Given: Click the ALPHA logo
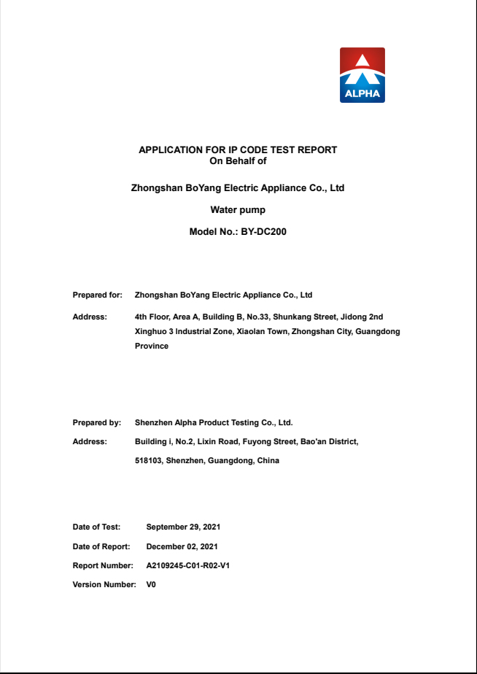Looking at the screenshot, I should click(x=362, y=75).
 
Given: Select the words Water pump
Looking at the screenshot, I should click(x=238, y=210).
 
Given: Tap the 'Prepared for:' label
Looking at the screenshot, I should click(x=97, y=295).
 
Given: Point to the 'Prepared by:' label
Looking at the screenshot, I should click(x=97, y=422).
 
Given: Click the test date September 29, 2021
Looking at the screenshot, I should click(x=183, y=527).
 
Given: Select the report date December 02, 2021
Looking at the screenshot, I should click(x=182, y=546).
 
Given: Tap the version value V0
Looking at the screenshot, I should click(x=151, y=585).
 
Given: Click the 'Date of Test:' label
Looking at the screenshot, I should click(x=96, y=527).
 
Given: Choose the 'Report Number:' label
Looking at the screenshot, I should click(x=103, y=565).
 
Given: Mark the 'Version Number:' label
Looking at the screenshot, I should click(x=104, y=585).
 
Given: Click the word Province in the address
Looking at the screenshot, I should click(x=152, y=346).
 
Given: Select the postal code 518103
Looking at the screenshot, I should click(x=148, y=461).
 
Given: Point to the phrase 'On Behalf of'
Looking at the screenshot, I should click(x=238, y=160).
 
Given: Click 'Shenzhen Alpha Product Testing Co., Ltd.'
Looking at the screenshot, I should click(x=214, y=422).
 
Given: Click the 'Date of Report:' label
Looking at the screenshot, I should click(x=101, y=546).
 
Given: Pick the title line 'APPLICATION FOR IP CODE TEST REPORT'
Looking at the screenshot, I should click(x=238, y=150).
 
